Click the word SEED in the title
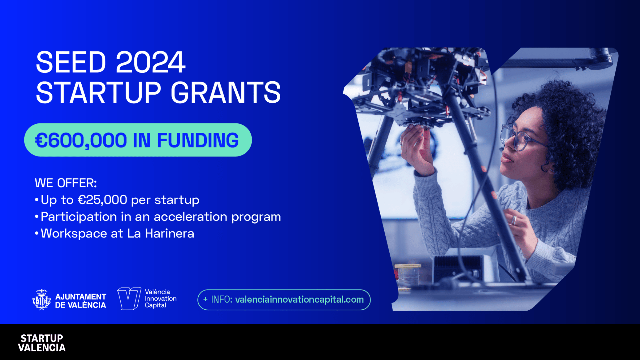pos(71,62)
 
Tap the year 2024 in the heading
pos(150,62)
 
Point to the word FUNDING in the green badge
pos(198,140)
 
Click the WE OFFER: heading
pos(66,183)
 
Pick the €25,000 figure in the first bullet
pos(102,200)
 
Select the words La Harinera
pos(161,234)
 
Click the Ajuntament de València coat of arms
pos(42,300)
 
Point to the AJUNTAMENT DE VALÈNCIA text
pos(81,301)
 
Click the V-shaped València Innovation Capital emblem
pos(129,299)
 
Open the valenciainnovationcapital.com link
pos(299,300)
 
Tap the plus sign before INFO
pos(205,300)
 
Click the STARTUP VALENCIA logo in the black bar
pos(42,343)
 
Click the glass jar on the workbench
pos(407,276)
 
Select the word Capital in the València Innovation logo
pos(155,305)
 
